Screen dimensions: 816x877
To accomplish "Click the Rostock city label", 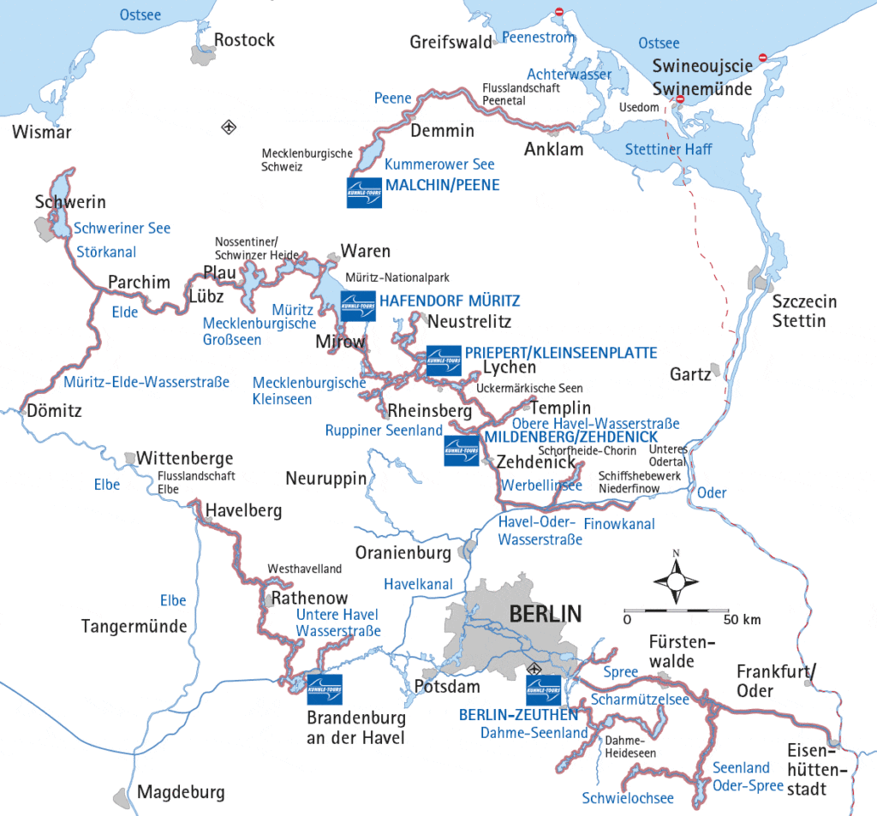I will tap(244, 40).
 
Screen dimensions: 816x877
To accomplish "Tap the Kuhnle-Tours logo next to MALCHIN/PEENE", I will tap(364, 193).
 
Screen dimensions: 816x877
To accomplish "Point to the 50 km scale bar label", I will tap(742, 619).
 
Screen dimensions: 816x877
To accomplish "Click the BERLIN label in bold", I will tap(545, 613).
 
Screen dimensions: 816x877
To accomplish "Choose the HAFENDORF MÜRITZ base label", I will tap(450, 301).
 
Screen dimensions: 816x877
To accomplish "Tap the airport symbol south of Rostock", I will tap(228, 128).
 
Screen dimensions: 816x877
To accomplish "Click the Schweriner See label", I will tap(122, 229).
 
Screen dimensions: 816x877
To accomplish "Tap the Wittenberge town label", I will tap(185, 458).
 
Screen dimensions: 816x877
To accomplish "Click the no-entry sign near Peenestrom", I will tap(558, 12).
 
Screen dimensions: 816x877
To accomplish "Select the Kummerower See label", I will tap(439, 164).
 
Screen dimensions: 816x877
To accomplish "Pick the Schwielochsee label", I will tap(628, 799).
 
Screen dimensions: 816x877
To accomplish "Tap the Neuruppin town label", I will tap(326, 478).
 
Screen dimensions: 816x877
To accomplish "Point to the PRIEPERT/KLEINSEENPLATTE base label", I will tap(561, 353).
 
